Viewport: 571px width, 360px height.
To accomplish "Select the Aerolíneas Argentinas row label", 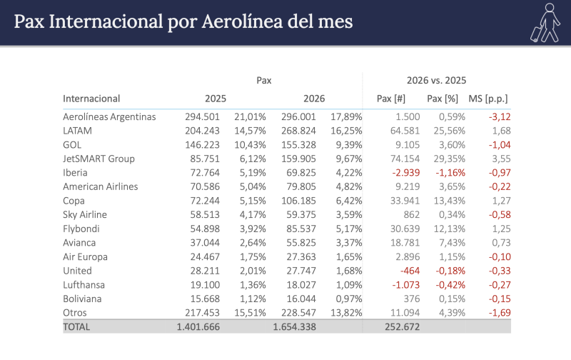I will tap(109, 117).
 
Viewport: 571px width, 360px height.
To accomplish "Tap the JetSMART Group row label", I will tap(98, 159).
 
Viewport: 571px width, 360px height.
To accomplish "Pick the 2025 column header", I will tap(216, 99).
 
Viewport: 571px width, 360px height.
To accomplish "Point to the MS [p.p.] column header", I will tap(488, 99).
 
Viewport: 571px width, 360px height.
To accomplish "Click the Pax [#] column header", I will tap(391, 99).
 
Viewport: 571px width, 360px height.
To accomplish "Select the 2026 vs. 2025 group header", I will tap(436, 81).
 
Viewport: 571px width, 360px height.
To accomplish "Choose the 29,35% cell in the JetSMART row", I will tap(450, 159).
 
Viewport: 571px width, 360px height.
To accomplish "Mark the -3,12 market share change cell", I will tap(499, 117).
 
